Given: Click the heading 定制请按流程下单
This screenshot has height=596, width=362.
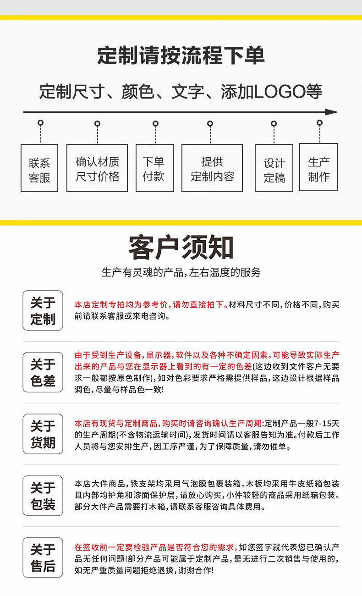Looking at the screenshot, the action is tap(181, 56).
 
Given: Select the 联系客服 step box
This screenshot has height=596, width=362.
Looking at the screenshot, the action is tap(39, 168).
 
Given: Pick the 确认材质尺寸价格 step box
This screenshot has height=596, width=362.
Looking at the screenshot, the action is tap(97, 168).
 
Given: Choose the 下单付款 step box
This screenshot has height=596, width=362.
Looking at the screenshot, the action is tap(154, 168).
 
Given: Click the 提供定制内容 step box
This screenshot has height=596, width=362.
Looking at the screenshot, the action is tap(212, 168).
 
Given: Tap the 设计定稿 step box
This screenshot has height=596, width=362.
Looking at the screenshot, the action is tap(274, 168).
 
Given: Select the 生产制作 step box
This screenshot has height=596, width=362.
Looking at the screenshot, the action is tap(318, 167).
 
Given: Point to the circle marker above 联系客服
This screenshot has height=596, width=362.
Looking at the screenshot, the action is tap(41, 123).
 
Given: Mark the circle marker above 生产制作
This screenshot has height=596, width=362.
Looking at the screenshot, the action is tap(319, 122).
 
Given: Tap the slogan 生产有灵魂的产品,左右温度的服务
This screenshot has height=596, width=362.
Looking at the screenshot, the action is tap(181, 272).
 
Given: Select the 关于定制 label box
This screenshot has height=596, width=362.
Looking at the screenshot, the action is tap(43, 310).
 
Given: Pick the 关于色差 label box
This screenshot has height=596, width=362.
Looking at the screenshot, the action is tap(43, 372).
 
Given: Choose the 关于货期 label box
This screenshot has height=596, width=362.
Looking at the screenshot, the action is tap(43, 434).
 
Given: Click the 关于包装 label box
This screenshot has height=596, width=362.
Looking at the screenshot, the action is tap(43, 496).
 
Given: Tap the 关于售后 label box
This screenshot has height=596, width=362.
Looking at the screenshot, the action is tap(43, 557).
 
